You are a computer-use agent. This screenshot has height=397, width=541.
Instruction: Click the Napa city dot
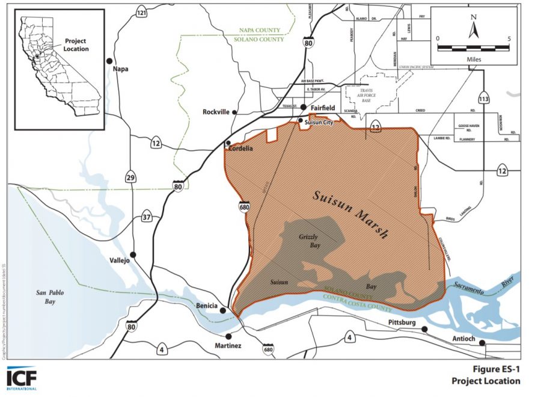[109, 60]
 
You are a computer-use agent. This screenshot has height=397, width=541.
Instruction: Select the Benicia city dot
[223, 311]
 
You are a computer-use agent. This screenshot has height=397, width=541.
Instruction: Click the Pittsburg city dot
[424, 329]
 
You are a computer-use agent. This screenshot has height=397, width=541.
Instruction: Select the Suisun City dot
[301, 121]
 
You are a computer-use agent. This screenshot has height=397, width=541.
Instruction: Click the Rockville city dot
[234, 112]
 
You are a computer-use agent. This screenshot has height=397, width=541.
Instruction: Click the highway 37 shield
[147, 217]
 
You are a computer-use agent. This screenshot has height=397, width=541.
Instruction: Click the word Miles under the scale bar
[473, 60]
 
